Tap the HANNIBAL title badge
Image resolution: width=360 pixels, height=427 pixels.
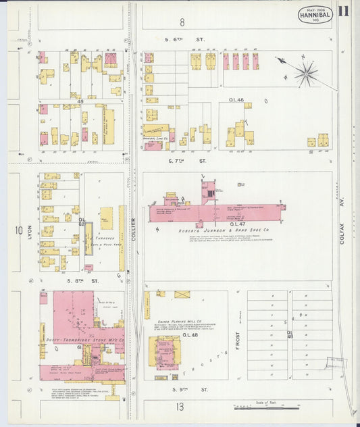(x=315, y=15)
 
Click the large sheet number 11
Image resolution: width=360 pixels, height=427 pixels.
(x=344, y=11)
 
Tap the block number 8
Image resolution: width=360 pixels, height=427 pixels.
(x=182, y=22)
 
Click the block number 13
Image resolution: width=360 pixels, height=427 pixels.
(x=180, y=406)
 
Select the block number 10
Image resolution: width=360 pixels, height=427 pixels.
(x=18, y=230)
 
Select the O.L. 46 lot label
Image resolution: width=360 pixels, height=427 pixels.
(x=236, y=100)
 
